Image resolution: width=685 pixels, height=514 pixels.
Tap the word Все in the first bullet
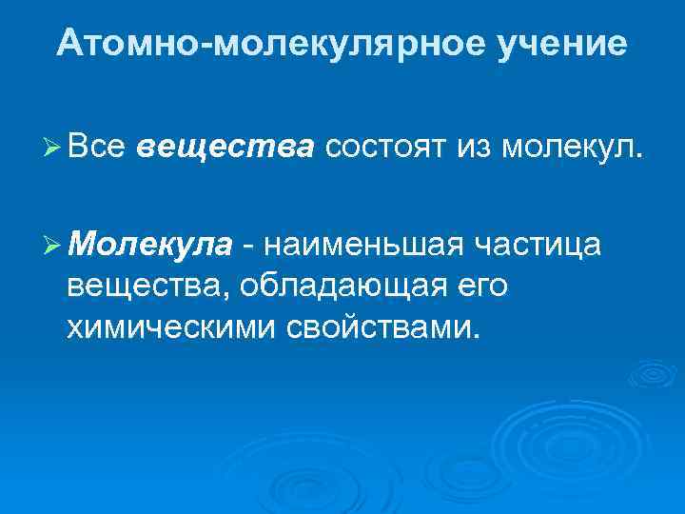tap(96, 148)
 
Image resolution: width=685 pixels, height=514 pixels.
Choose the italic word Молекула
tap(149, 245)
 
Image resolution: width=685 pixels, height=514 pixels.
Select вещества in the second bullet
tap(147, 286)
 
